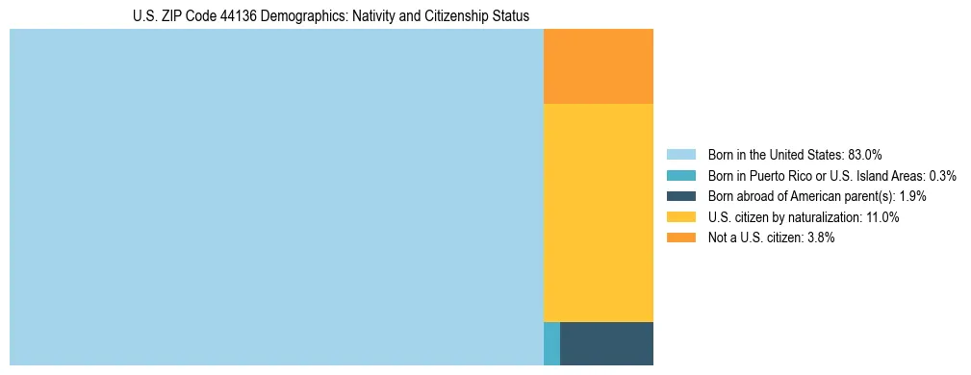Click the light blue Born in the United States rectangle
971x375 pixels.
pyautogui.click(x=276, y=197)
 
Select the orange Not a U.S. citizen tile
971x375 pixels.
pyautogui.click(x=599, y=66)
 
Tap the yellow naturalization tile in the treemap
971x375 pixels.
pyautogui.click(x=599, y=212)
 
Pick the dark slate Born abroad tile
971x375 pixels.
pyautogui.click(x=606, y=343)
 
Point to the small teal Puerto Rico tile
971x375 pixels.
pyautogui.click(x=551, y=343)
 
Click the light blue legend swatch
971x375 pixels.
pyautogui.click(x=680, y=155)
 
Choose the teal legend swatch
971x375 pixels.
pyautogui.click(x=680, y=176)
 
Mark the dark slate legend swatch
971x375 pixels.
pyautogui.click(x=680, y=196)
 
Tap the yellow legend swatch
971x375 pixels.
pyautogui.click(x=680, y=217)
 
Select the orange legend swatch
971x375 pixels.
pyautogui.click(x=680, y=237)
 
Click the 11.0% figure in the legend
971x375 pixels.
pyautogui.click(x=882, y=217)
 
